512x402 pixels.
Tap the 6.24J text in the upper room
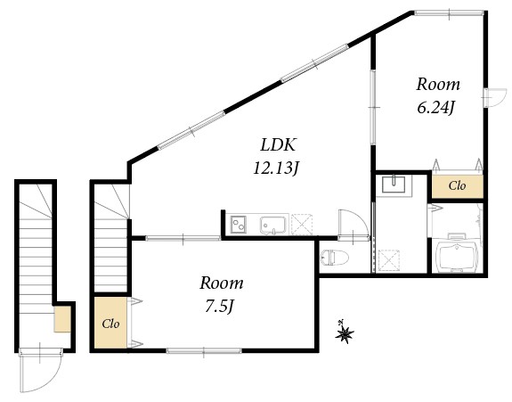pyautogui.click(x=437, y=109)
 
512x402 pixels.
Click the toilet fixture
pyautogui.click(x=332, y=258)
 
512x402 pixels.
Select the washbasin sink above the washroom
pyautogui.click(x=393, y=185)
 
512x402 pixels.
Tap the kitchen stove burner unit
pyautogui.click(x=238, y=225)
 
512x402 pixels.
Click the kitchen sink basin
pyautogui.click(x=274, y=225)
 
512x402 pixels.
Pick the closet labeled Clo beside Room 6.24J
pyautogui.click(x=457, y=186)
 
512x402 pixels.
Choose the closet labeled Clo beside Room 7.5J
pyautogui.click(x=111, y=323)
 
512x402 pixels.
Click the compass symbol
pyautogui.click(x=344, y=334)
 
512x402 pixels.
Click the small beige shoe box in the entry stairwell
pyautogui.click(x=61, y=318)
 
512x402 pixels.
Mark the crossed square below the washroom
pyautogui.click(x=389, y=259)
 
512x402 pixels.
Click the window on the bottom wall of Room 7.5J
pyautogui.click(x=203, y=350)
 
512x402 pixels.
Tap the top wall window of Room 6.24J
pyautogui.click(x=451, y=12)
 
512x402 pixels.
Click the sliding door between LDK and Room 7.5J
pyautogui.click(x=183, y=237)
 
